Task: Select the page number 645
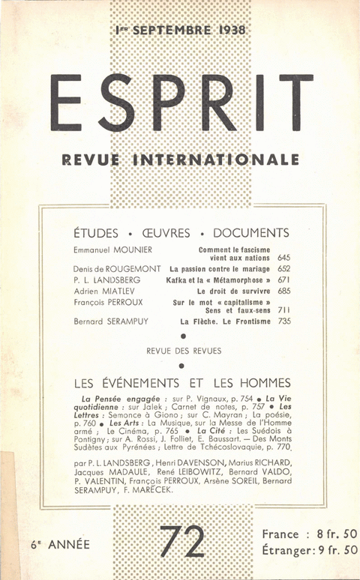tap(283, 258)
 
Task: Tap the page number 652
tap(283, 268)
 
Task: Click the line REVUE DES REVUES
tap(181, 351)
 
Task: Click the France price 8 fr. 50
tap(331, 534)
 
